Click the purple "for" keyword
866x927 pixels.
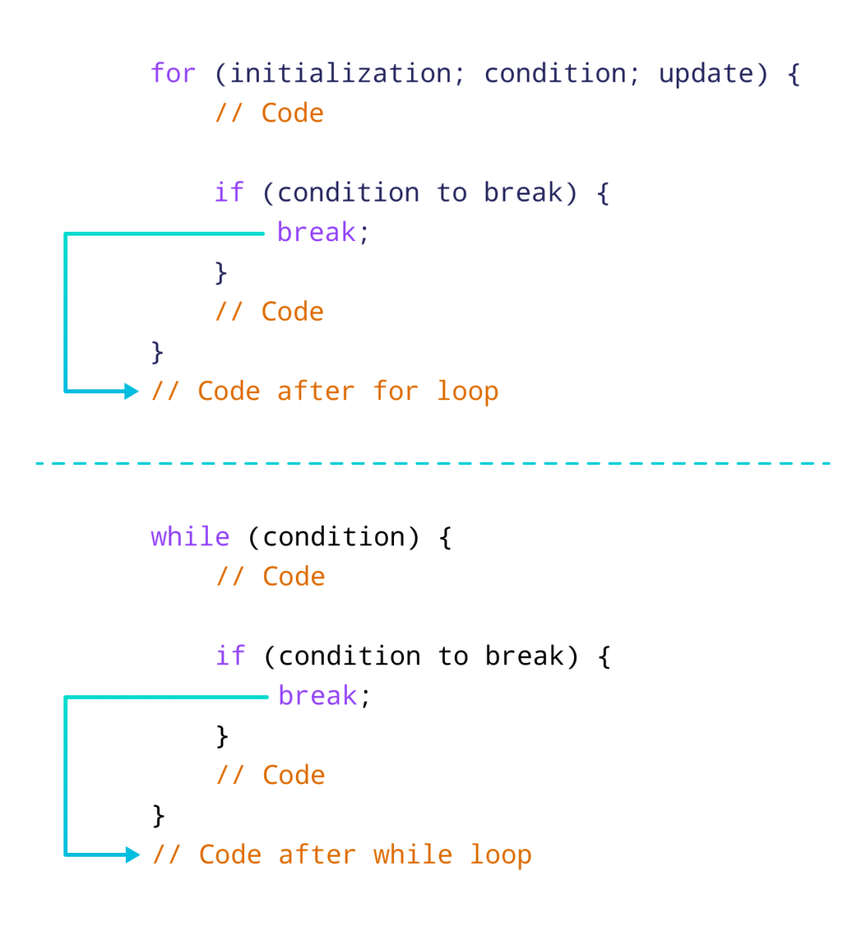[x=173, y=73]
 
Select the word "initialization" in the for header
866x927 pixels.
[x=341, y=73]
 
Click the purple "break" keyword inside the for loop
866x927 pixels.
[x=316, y=232]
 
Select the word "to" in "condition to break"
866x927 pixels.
[x=451, y=192]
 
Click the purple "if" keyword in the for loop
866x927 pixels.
[x=229, y=192]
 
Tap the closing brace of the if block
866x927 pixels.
[x=221, y=273]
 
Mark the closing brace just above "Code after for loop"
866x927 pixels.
[x=158, y=352]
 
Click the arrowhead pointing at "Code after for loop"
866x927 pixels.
[x=132, y=392]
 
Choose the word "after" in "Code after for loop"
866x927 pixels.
[x=315, y=391]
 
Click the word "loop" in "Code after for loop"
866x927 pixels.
[x=467, y=392]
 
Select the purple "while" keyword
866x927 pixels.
[x=190, y=536]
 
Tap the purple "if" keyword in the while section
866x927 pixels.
[x=230, y=655]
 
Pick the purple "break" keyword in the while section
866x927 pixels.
[x=318, y=695]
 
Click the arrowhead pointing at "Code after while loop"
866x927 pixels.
[x=133, y=854]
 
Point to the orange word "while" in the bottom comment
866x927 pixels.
[x=413, y=854]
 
